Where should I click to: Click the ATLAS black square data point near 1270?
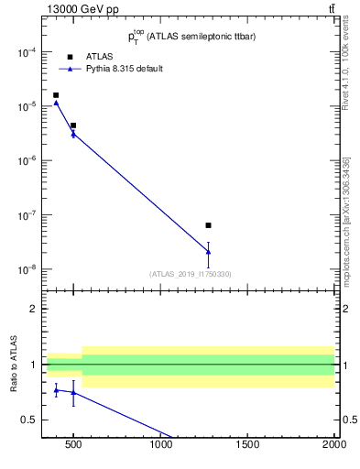pyautogui.click(x=209, y=225)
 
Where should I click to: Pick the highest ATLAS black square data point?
pyautogui.click(x=56, y=95)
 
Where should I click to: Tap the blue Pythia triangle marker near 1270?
pyautogui.click(x=209, y=252)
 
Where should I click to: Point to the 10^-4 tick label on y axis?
pyautogui.click(x=27, y=52)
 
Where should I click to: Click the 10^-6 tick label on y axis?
pyautogui.click(x=27, y=161)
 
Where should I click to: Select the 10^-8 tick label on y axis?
pyautogui.click(x=27, y=270)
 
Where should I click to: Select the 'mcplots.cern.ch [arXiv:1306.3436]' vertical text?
pyautogui.click(x=345, y=220)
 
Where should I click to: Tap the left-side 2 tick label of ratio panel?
pyautogui.click(x=33, y=309)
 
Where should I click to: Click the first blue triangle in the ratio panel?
pyautogui.click(x=56, y=390)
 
